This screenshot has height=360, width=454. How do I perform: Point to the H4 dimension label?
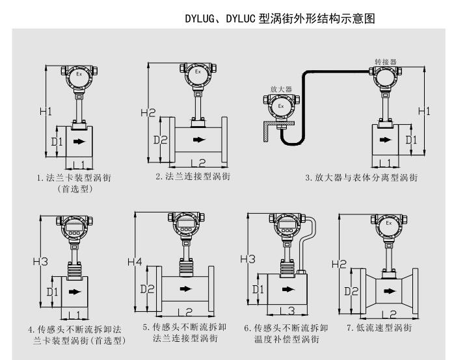(135, 263)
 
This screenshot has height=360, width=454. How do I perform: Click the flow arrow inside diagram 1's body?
(79, 141)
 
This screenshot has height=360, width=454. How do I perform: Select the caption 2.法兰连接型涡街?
(193, 177)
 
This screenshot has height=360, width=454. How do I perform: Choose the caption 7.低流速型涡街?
(379, 328)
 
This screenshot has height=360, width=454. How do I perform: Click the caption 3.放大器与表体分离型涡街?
(361, 177)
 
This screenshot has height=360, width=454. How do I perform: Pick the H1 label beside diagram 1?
(46, 111)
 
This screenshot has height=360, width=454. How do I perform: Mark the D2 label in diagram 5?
(148, 287)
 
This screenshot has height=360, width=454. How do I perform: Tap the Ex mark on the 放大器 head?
(281, 105)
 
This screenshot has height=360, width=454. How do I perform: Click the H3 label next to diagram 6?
(248, 259)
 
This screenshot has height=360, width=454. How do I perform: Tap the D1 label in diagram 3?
(411, 139)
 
